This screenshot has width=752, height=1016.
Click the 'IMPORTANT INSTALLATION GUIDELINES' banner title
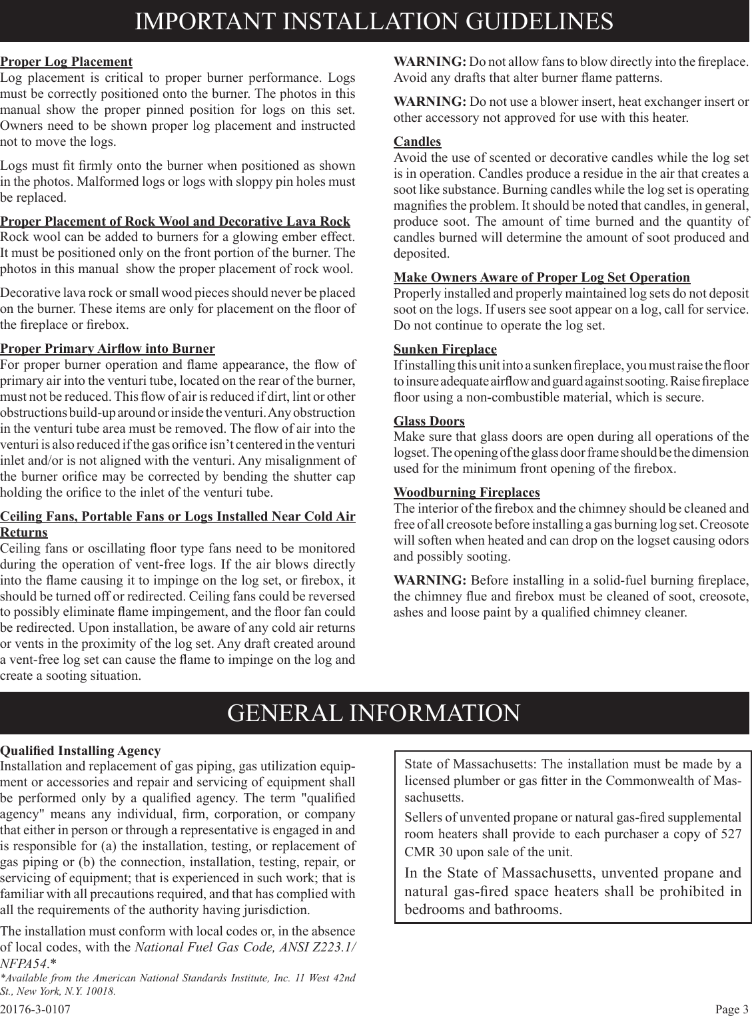click(x=374, y=21)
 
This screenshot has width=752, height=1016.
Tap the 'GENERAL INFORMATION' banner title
click(x=374, y=713)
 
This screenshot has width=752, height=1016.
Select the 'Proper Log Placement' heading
click(x=67, y=62)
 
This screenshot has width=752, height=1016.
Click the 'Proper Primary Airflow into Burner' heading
click(x=107, y=349)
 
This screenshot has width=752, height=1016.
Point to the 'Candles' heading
click(x=418, y=142)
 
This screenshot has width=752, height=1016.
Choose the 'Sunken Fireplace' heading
click(x=445, y=350)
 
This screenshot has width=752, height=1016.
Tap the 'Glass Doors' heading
click(x=429, y=421)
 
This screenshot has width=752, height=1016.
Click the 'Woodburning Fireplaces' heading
click(x=467, y=493)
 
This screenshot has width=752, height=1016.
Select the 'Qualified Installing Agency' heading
click(x=81, y=751)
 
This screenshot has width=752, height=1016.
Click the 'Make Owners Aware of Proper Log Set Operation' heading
click(x=542, y=278)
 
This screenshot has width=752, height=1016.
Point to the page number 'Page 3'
click(x=732, y=1009)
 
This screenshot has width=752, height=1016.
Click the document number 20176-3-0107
click(x=35, y=1009)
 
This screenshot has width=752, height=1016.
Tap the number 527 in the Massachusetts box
click(x=730, y=835)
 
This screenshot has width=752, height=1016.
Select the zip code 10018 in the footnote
click(x=101, y=991)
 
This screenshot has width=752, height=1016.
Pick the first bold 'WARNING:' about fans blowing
click(x=430, y=62)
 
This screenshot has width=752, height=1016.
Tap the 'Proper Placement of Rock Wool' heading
click(x=175, y=222)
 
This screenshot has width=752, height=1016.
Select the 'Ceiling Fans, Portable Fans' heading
click(x=177, y=517)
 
